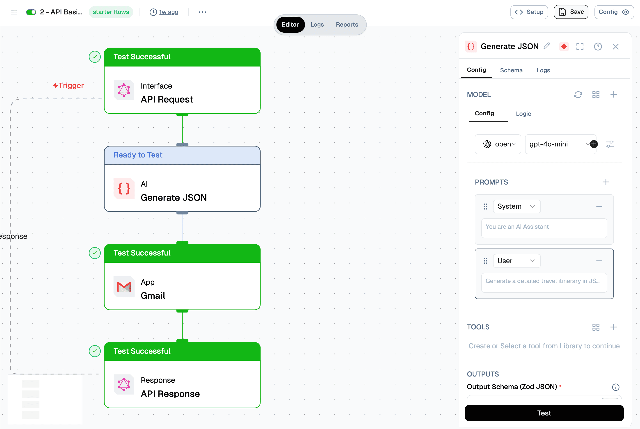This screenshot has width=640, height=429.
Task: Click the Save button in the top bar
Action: (571, 12)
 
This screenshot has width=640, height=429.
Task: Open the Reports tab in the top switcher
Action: (347, 25)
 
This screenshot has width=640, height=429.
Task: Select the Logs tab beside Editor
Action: (317, 25)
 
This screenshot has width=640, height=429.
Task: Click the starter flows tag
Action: (111, 12)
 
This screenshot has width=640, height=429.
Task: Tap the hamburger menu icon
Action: (14, 12)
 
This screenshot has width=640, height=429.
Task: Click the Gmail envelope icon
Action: (124, 287)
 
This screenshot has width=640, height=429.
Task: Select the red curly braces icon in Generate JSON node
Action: (124, 189)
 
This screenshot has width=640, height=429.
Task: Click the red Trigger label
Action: (69, 86)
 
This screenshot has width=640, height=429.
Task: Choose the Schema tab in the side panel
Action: (511, 70)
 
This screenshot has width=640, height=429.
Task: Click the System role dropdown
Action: (516, 206)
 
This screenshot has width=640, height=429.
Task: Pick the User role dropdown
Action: (516, 261)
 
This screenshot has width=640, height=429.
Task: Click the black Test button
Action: (544, 413)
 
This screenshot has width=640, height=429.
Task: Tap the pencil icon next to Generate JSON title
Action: (547, 46)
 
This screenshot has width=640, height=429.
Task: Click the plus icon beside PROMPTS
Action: (606, 182)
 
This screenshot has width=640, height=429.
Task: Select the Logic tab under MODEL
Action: (523, 114)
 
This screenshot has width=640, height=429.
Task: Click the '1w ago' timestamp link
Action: (168, 12)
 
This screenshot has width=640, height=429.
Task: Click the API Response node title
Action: (170, 394)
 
